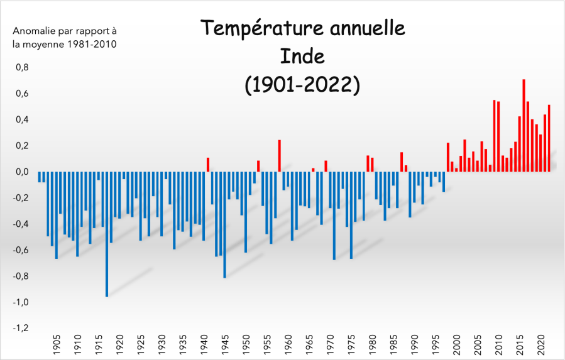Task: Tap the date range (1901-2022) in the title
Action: [302, 84]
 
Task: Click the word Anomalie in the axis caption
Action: [33, 30]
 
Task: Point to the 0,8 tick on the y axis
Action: [21, 67]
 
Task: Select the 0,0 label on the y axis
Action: [21, 172]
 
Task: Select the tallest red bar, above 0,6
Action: [524, 126]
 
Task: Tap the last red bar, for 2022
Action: [549, 138]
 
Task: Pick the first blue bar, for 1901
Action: [40, 177]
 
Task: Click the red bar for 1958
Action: [279, 156]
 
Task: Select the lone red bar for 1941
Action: [208, 165]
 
